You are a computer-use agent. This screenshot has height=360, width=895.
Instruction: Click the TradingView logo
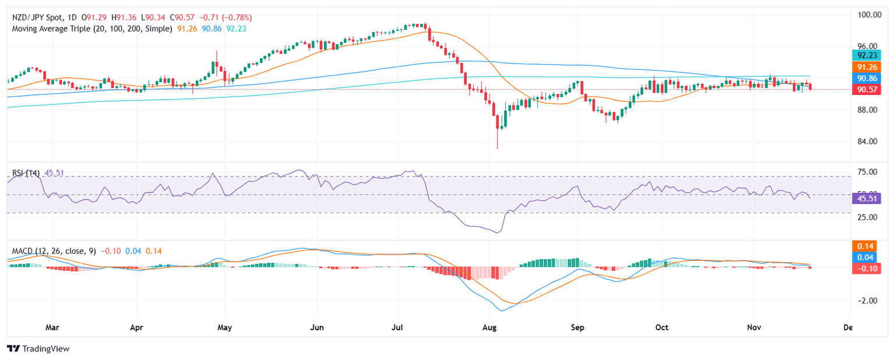(x=38, y=348)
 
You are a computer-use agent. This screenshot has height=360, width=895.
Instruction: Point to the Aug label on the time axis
(x=489, y=327)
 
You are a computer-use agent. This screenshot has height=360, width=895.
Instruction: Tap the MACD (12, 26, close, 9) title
(x=54, y=251)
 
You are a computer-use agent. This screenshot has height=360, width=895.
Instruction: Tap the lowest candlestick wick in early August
(x=498, y=147)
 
